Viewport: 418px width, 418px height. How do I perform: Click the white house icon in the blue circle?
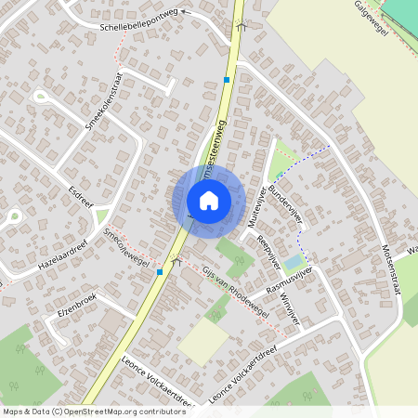tap(208, 200)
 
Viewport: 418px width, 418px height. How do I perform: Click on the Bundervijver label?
tap(288, 199)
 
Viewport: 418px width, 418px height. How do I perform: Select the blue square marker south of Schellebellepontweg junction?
tap(226, 80)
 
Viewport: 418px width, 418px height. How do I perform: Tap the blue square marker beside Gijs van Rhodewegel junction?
tap(161, 271)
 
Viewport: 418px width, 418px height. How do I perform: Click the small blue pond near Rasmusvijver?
tap(293, 262)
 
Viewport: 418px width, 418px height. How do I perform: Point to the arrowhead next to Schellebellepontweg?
tap(184, 12)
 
